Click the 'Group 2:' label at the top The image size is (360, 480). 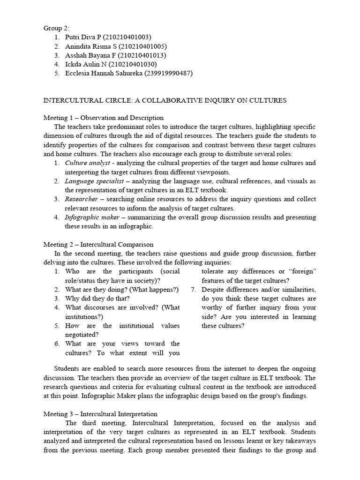pyautogui.click(x=56, y=28)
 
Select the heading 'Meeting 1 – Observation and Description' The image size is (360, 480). pyautogui.click(x=104, y=118)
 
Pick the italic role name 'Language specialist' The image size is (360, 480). pyautogui.click(x=94, y=181)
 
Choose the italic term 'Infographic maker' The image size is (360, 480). pyautogui.click(x=91, y=217)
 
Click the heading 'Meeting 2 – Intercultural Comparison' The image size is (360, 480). pyautogui.click(x=98, y=244)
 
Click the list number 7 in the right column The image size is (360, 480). pyautogui.click(x=193, y=290)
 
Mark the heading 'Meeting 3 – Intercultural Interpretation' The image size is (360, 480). pyautogui.click(x=100, y=414)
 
